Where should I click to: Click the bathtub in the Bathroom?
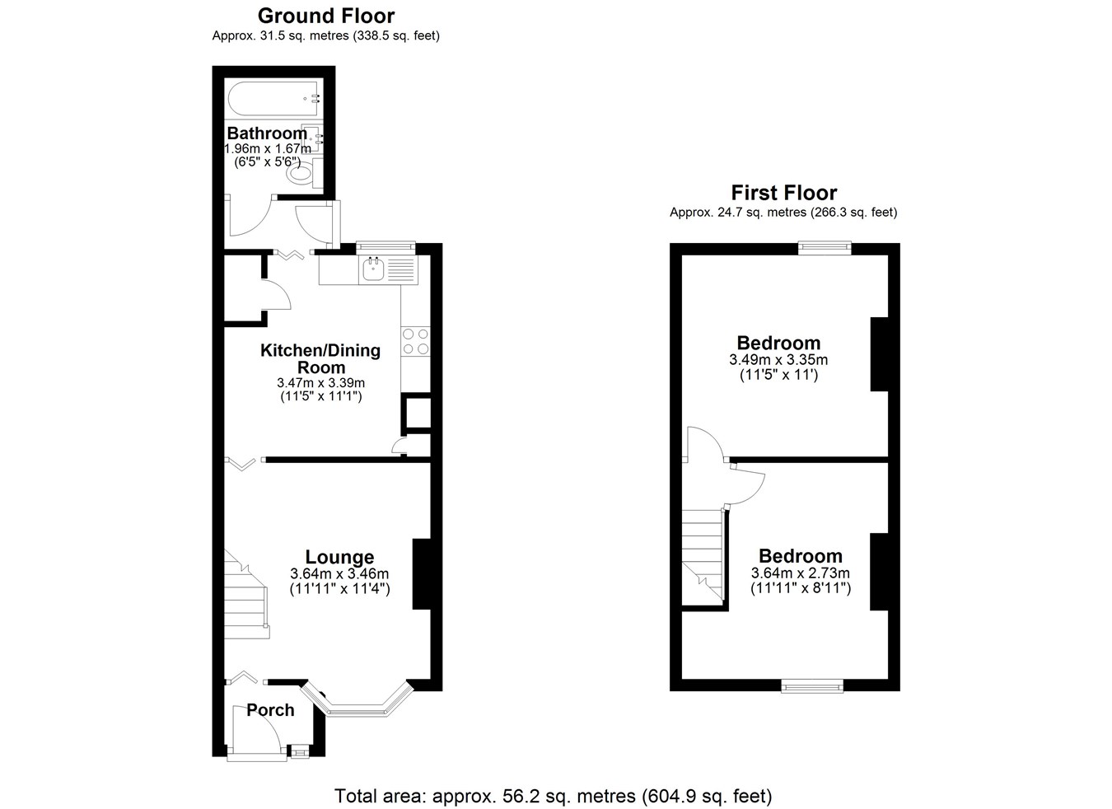point(274,99)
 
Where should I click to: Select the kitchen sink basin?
point(373,270)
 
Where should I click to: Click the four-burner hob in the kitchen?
point(415,342)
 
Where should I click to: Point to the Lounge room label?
point(339,557)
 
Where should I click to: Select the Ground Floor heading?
point(326,16)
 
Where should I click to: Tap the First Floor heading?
point(784,192)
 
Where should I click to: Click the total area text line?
point(553,796)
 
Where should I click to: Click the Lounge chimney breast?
point(422,574)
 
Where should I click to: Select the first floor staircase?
point(702,557)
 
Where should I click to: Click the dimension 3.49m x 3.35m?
point(778,359)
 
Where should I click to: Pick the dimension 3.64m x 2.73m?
point(801,573)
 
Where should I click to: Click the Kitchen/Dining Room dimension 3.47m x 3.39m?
point(320,383)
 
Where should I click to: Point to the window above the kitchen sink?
point(385,246)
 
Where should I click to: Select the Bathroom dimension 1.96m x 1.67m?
point(268,148)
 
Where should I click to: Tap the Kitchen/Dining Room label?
point(320,358)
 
